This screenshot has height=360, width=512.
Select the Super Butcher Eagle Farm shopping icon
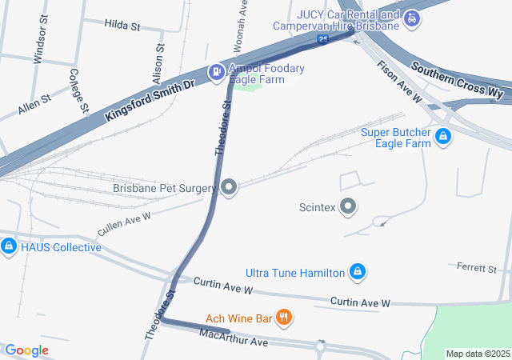coord(442,138)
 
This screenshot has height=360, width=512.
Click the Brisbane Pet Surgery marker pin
coord(230,188)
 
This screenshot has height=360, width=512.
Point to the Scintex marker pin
coord(348,207)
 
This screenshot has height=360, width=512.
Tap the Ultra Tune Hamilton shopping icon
coord(358,273)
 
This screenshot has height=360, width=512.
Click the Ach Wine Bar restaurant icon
coord(282,318)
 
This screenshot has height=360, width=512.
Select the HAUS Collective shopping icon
coord(9,246)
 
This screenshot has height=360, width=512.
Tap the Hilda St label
coord(122,26)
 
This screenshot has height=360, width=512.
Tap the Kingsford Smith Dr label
coord(149,99)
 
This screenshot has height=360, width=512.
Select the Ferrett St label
coord(477,266)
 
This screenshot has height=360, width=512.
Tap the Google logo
coord(26,350)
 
